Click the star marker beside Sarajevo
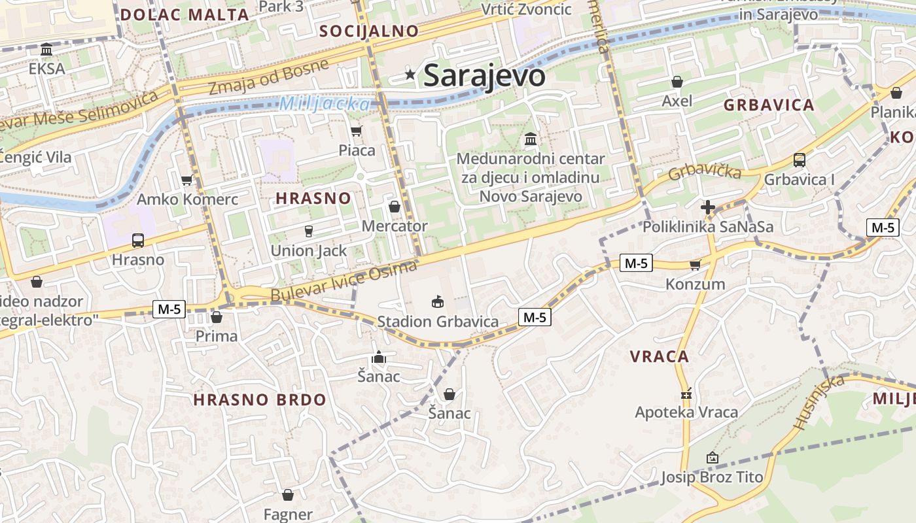410,75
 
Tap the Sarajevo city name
484,75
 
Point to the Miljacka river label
325,103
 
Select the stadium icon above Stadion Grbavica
437,301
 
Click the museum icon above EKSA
46,50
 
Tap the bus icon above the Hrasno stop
137,240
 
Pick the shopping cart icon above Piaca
357,131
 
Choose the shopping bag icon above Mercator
395,207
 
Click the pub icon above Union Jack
309,231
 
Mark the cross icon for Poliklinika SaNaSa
707,208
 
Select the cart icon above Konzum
695,265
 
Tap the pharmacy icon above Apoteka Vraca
686,394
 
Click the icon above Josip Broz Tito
712,458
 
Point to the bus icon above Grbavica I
799,160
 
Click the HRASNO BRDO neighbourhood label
260,399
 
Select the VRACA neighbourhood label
660,356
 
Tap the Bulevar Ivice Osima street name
343,282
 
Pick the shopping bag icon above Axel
677,82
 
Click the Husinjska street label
819,402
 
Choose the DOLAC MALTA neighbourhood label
185,14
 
